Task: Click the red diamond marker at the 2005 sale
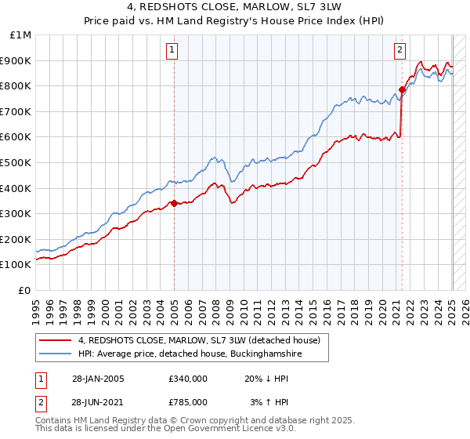click(x=174, y=203)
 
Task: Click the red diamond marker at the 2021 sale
click(x=402, y=89)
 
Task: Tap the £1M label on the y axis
click(x=21, y=34)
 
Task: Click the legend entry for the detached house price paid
click(x=199, y=341)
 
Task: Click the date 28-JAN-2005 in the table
click(x=96, y=378)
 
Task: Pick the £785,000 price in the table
click(x=187, y=401)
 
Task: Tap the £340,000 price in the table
click(x=187, y=378)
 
